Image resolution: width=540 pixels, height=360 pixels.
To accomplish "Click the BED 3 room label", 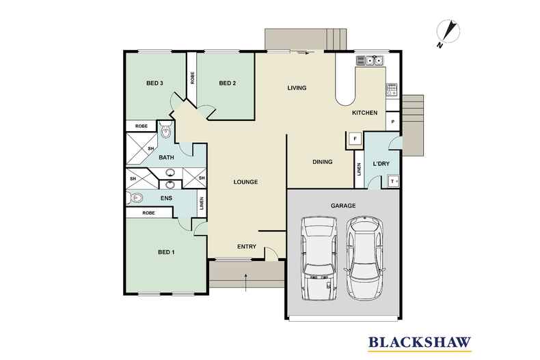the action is (154, 83).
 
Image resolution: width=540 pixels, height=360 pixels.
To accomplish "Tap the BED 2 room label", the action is (228, 83).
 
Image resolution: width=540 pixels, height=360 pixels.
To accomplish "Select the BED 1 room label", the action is (166, 252).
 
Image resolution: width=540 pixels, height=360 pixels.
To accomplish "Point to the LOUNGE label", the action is (245, 182).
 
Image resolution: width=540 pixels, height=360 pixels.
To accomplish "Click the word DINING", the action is (323, 162).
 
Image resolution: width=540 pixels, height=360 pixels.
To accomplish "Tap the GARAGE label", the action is (343, 206).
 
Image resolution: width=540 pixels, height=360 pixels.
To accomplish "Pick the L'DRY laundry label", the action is (381, 163).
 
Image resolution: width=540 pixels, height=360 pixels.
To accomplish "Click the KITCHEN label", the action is (365, 113).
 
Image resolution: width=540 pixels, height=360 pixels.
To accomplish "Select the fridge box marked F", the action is (355, 139).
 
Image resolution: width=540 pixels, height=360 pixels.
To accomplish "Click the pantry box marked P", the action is (392, 122).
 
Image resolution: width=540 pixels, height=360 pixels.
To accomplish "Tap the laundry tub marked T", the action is (393, 181).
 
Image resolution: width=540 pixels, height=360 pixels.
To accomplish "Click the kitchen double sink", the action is (374, 61).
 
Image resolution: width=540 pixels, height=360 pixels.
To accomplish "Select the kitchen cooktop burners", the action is (392, 89).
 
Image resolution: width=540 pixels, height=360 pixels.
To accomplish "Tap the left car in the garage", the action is (319, 258).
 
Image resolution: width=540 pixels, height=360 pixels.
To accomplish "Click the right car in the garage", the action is (365, 258).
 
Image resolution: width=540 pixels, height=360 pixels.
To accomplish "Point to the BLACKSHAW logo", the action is (420, 343).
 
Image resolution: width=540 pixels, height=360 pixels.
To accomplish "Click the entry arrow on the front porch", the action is (245, 282).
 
